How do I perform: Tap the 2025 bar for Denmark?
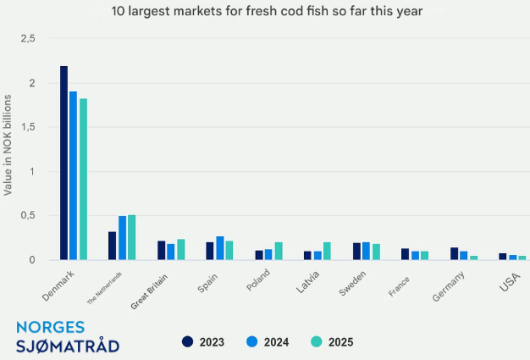pyautogui.click(x=83, y=179)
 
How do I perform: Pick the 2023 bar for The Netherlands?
pyautogui.click(x=112, y=246)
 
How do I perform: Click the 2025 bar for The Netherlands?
pyautogui.click(x=131, y=237)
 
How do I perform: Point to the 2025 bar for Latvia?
pyautogui.click(x=327, y=251)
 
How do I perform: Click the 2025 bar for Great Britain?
pyautogui.click(x=180, y=249)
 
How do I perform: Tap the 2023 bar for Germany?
pyautogui.click(x=454, y=253)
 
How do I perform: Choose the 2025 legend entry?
pyautogui.click(x=330, y=342)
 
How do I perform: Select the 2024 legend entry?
pyautogui.click(x=269, y=342)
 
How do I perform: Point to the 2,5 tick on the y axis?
pyautogui.click(x=29, y=39)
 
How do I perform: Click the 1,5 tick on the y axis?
pyautogui.click(x=29, y=127)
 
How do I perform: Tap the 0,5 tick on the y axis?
pyautogui.click(x=29, y=215)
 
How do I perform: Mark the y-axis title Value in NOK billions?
pyautogui.click(x=8, y=146)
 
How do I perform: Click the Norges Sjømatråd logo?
pyautogui.click(x=68, y=336)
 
